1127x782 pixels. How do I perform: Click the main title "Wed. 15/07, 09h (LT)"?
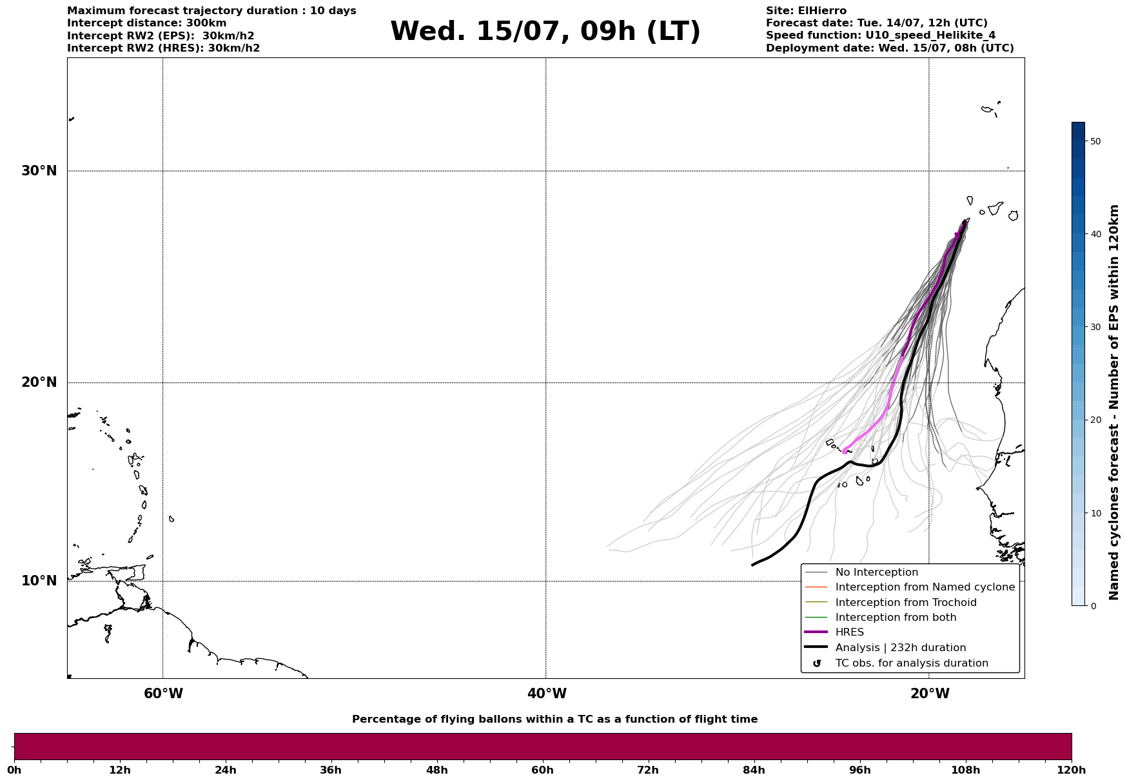pyautogui.click(x=545, y=32)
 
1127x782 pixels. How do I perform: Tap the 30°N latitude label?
pyautogui.click(x=39, y=171)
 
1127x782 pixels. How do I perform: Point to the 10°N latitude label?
pyautogui.click(x=39, y=581)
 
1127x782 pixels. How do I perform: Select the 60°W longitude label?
pyautogui.click(x=163, y=694)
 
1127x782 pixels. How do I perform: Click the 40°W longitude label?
pyautogui.click(x=547, y=694)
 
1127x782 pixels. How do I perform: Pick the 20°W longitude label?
pyautogui.click(x=930, y=694)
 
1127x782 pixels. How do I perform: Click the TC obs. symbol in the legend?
pyautogui.click(x=817, y=663)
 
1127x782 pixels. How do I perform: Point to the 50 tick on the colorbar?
pyautogui.click(x=1094, y=141)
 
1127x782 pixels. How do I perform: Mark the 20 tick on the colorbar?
pyautogui.click(x=1094, y=420)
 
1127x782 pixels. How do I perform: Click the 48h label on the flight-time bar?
pyautogui.click(x=436, y=770)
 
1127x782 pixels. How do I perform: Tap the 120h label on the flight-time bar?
pyautogui.click(x=1072, y=770)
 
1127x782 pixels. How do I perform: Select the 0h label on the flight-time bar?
pyautogui.click(x=14, y=770)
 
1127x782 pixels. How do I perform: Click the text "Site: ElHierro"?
pyautogui.click(x=806, y=11)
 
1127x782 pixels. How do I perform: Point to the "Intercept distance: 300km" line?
pyautogui.click(x=147, y=23)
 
